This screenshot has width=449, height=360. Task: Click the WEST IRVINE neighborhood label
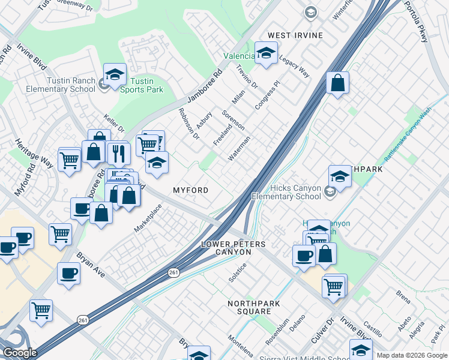295,35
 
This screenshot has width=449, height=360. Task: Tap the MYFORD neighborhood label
191,190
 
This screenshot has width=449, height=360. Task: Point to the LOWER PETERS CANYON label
234,248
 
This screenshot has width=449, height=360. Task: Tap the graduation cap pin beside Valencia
266,53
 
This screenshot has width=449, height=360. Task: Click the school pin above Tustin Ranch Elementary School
115,74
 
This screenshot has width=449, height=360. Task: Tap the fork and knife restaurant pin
119,154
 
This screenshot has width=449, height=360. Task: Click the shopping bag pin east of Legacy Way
338,83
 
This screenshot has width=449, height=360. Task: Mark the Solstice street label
238,273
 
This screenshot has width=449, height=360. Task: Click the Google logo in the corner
20,353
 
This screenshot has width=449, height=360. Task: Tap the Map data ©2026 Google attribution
412,355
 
